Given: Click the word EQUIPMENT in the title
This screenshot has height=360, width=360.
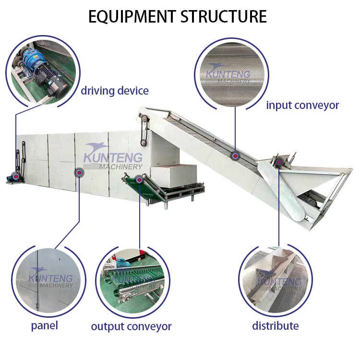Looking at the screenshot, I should pos(132,16).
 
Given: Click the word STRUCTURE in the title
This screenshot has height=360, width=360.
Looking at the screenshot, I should pos(224,16).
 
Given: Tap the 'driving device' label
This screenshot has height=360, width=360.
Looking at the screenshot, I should pos(114,91).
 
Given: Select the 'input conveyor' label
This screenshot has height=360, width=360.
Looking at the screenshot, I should pos(302,105).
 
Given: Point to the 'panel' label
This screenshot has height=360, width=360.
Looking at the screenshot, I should pos(44,325).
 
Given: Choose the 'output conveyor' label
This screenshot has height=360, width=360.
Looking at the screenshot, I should pos(131,327).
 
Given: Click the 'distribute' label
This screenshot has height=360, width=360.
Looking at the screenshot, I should pos(275,326).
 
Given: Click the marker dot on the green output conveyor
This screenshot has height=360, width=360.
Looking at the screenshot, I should pos(139,180).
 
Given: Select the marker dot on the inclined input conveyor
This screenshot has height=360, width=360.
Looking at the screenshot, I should pos(235,156).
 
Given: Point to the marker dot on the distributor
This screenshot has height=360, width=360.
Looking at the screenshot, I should pos(278,163).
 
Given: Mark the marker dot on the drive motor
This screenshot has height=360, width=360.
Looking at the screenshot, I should pos(16,177).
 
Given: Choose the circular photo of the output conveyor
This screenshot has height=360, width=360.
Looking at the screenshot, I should pos(132,283).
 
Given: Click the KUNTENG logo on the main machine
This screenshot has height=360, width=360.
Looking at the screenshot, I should pos(113,156).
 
